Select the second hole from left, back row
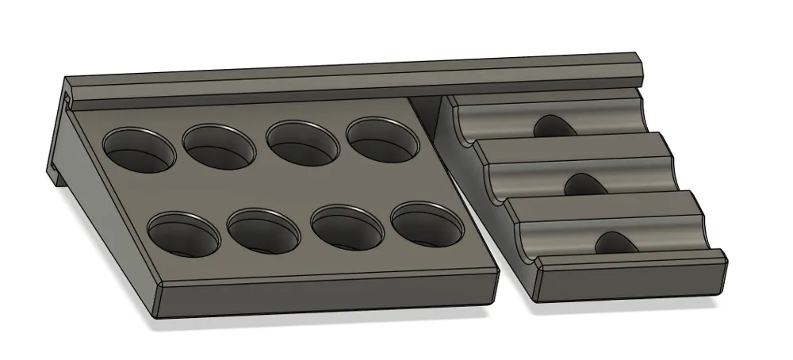click(219, 144)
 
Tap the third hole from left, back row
click(299, 140)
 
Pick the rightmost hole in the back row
click(383, 137)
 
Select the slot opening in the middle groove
click(584, 184)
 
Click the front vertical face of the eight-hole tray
click(325, 295)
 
